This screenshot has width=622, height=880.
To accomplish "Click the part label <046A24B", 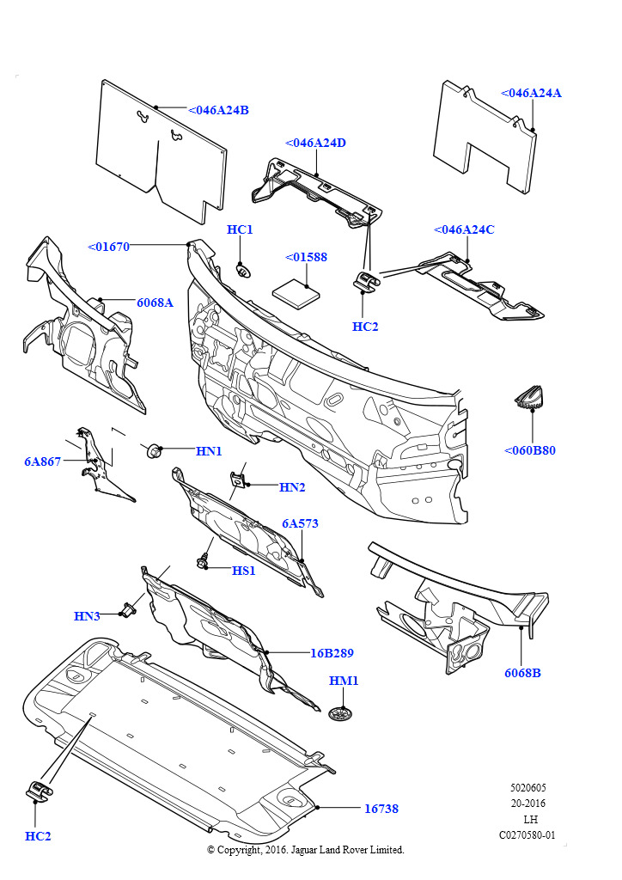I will (218, 110).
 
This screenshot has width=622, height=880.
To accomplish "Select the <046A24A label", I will (531, 93).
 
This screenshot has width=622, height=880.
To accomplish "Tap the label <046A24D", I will (315, 143).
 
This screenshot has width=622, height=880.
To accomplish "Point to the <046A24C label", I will (464, 229).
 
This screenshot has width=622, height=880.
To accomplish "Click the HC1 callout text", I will (240, 229).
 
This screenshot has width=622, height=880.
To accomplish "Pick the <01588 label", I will (306, 257).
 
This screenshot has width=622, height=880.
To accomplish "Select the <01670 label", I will (108, 247).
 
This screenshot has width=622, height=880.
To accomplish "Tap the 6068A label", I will (155, 302).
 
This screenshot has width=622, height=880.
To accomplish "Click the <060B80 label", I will (530, 449).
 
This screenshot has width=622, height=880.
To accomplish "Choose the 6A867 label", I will (42, 461).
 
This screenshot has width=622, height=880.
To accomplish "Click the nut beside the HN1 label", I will (155, 449).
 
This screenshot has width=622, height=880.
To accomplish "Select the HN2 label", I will (292, 487).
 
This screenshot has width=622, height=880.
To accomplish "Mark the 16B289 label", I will (332, 652).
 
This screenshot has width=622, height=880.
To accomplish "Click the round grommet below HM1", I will (343, 712).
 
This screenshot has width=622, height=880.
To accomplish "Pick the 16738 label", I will (381, 809).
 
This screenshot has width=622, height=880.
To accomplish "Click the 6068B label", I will (522, 673).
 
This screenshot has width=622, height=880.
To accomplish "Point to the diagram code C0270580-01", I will (527, 834).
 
